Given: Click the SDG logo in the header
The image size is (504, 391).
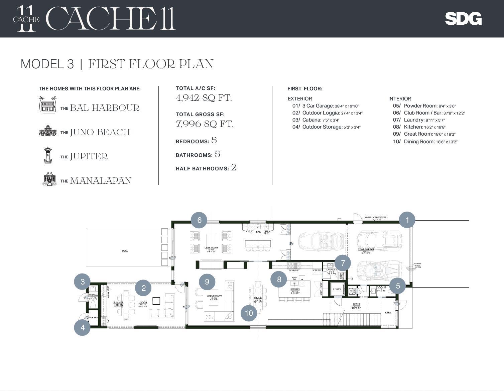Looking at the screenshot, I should point(463,19).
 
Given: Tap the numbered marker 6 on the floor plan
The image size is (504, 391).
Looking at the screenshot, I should point(199,220).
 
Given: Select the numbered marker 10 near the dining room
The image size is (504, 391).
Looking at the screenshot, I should point(249,313).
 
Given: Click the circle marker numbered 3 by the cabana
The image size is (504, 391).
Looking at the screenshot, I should point(82,282).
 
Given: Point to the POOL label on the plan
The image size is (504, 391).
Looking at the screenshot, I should point(125,251).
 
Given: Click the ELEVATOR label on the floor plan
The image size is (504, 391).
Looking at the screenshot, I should point(337,289).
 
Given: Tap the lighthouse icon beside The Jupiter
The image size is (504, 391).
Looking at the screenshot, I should point(48,155).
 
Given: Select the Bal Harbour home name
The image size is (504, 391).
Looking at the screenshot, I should point(104,108).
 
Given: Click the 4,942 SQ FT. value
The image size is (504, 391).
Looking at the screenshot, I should point(204,98).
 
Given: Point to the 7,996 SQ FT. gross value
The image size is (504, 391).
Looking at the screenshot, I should point(205,124).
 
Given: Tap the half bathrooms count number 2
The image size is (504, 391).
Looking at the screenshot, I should point(234,167).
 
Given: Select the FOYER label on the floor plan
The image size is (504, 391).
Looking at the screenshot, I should point(356,304).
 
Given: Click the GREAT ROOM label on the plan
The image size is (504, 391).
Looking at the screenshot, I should point(214,296).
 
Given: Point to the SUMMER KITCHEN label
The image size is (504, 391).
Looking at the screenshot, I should point(118,304).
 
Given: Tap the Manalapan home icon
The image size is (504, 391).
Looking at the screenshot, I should point(49,179).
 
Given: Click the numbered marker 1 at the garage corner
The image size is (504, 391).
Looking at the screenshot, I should point(407,220).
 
